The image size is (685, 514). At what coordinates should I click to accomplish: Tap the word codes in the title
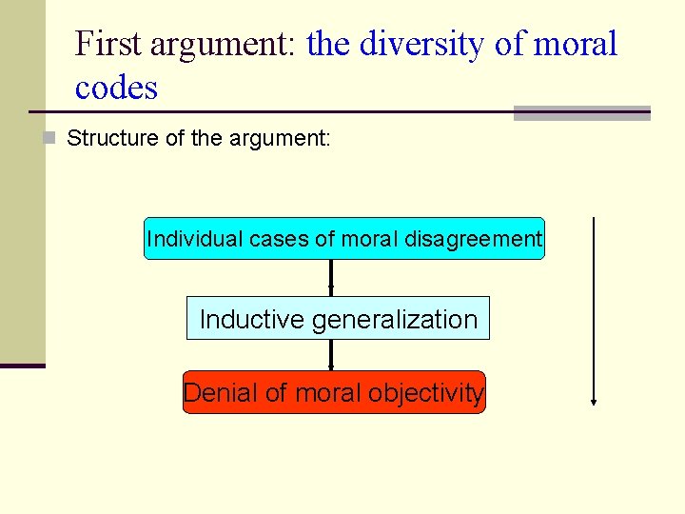tap(116, 88)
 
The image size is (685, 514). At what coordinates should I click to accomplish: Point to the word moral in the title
tap(575, 44)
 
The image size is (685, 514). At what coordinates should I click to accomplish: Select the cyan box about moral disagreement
tap(343, 239)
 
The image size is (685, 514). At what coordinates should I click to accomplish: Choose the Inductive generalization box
tap(338, 319)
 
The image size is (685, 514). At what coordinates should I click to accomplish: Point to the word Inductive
tap(252, 319)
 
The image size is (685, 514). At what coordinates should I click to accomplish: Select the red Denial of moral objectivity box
tap(334, 392)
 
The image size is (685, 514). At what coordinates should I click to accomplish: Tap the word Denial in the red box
tap(218, 392)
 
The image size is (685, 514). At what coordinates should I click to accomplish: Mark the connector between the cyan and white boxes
tap(330, 278)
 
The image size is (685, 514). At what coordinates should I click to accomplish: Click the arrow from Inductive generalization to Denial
tap(330, 355)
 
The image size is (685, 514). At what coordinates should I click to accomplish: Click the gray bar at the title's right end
tap(581, 113)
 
